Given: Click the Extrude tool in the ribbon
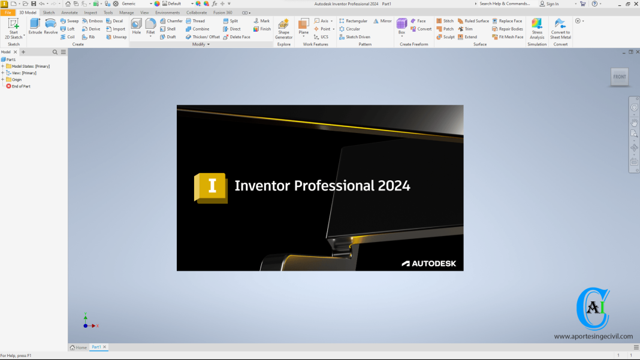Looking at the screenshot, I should [x=35, y=26].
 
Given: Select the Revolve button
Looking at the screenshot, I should [x=51, y=26].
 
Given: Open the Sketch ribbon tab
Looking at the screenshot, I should [x=49, y=12].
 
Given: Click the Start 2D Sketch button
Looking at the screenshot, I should [x=14, y=28].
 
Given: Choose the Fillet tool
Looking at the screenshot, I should [x=150, y=26].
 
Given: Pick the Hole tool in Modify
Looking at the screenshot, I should [x=137, y=26].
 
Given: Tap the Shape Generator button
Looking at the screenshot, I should [x=283, y=28].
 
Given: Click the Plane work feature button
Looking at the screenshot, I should [x=304, y=26].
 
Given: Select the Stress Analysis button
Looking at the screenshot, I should [x=537, y=28].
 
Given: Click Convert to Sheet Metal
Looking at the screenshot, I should [x=560, y=28].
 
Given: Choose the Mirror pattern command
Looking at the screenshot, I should [x=382, y=21].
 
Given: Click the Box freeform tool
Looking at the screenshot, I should [x=401, y=26].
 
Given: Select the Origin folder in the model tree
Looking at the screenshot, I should [x=16, y=80].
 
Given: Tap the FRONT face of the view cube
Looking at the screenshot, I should [x=620, y=77].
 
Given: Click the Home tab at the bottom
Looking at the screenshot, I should [x=79, y=347].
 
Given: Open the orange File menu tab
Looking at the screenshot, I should [x=8, y=12].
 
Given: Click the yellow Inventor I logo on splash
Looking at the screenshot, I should [x=210, y=187].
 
